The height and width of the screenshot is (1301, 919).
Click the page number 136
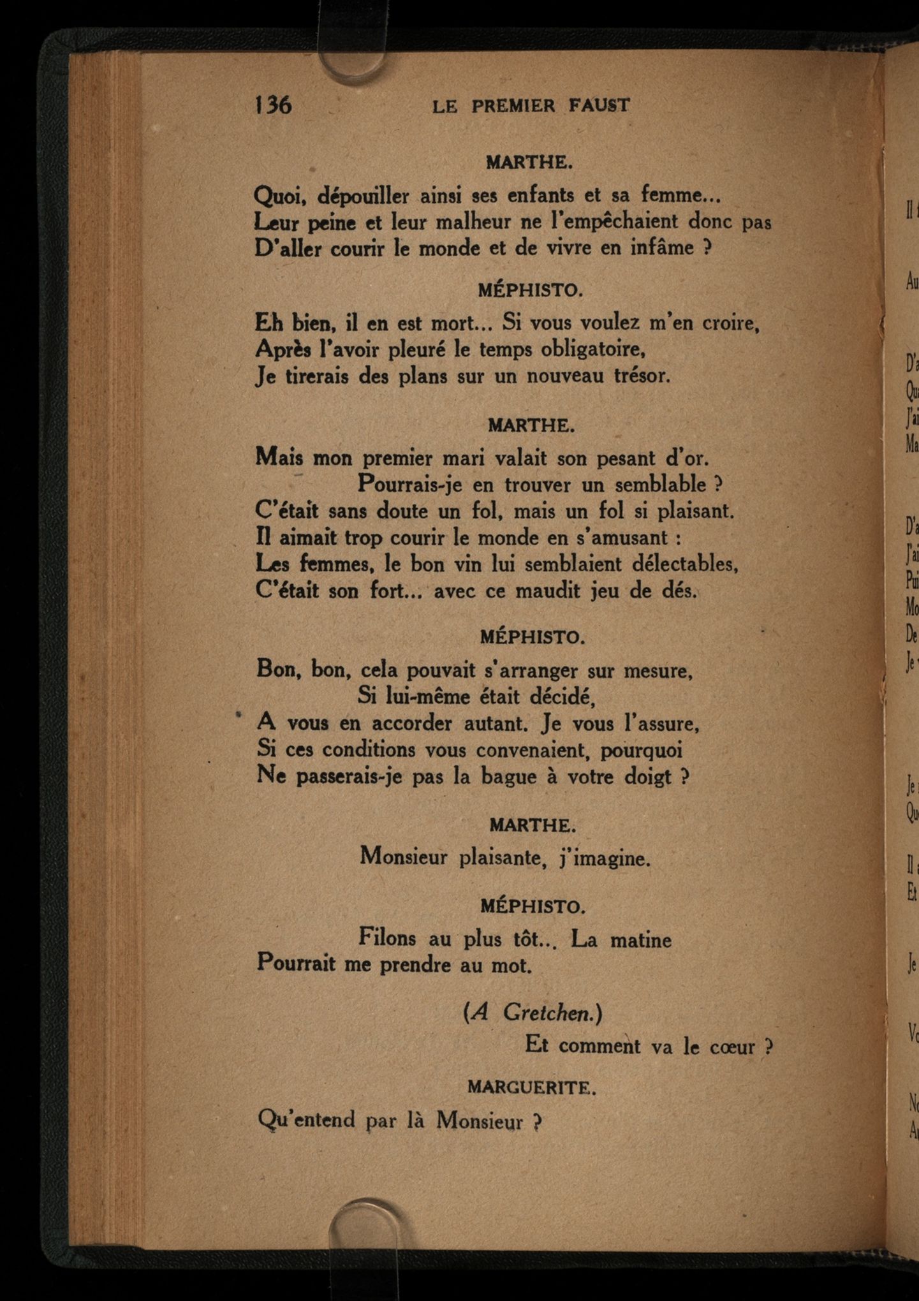(274, 104)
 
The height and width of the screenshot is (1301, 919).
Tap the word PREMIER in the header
(513, 106)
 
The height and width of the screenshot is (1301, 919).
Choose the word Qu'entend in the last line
(305, 1120)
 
